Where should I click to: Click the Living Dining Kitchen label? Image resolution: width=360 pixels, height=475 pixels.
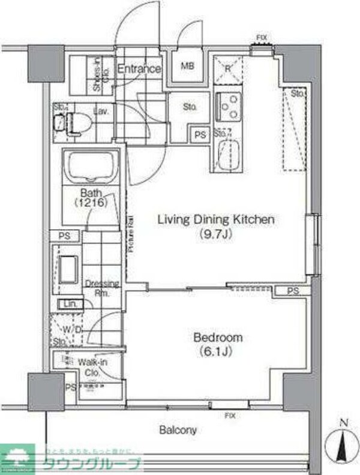click(x=215, y=220)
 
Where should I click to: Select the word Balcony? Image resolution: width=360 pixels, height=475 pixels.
click(x=178, y=430)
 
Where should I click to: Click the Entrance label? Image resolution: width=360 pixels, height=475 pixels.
click(x=139, y=69)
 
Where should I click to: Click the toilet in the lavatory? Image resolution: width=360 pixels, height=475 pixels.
click(x=76, y=122)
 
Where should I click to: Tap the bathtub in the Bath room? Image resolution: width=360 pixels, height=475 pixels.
click(x=92, y=167)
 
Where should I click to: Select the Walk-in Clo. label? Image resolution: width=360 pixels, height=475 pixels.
click(x=88, y=366)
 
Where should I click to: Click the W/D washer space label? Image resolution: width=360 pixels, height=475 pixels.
click(x=74, y=330)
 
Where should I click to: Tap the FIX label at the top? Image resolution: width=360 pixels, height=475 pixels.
click(x=261, y=38)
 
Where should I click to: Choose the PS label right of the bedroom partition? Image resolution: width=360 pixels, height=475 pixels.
click(x=292, y=291)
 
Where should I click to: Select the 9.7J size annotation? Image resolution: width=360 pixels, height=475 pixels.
click(x=215, y=235)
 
